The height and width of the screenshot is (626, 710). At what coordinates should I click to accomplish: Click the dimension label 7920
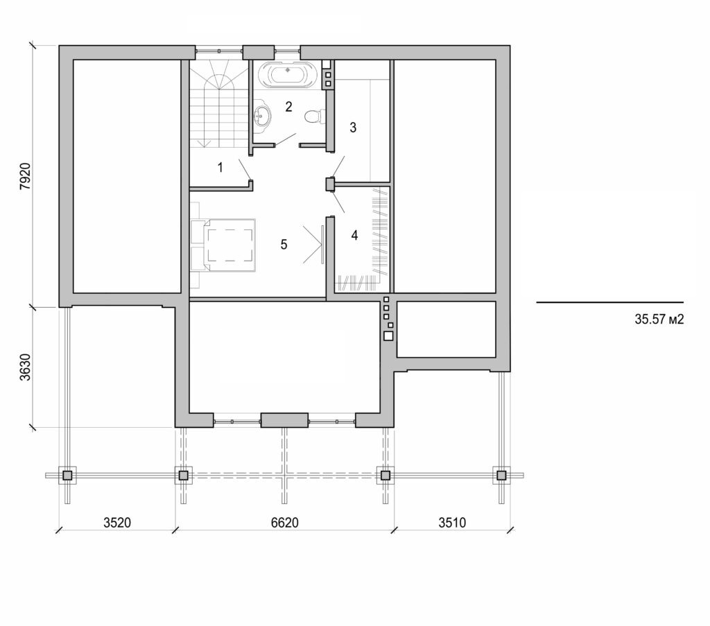point(24,177)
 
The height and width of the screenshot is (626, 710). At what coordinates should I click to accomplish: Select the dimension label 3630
point(24,367)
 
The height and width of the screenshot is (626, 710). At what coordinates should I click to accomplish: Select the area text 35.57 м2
point(659,320)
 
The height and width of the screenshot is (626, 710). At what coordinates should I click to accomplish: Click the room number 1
point(220,167)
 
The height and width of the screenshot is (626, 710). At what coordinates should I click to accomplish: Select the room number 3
point(353,128)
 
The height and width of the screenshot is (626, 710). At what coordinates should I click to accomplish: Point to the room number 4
point(354,235)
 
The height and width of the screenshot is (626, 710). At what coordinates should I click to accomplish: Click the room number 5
point(284,244)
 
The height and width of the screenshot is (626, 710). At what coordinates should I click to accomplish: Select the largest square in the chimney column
point(388,336)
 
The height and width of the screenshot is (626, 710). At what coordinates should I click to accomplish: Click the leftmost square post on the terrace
point(67,476)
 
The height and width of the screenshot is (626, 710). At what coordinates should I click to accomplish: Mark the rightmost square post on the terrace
point(501,476)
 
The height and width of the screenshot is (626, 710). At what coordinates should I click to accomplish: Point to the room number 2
point(289,107)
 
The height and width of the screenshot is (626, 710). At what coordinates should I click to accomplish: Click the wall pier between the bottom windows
point(284,420)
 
